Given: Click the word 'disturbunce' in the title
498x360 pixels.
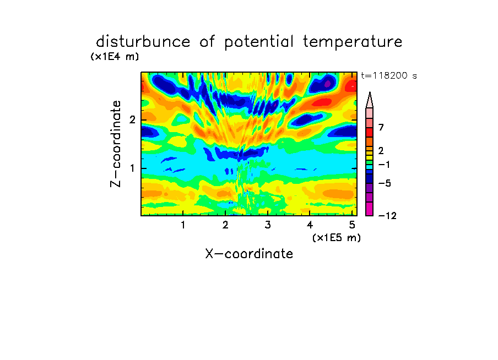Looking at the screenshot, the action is [x=143, y=42].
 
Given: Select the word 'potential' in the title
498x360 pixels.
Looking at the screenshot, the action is [x=259, y=42].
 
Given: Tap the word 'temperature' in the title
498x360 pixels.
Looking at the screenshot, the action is [x=353, y=42].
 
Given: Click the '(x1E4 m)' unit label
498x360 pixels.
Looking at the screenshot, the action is [x=115, y=57].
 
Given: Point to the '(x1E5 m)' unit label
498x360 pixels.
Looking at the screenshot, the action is [x=337, y=237].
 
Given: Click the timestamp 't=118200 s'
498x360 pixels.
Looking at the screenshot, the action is [x=389, y=76].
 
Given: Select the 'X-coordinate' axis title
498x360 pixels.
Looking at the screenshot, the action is [x=249, y=254].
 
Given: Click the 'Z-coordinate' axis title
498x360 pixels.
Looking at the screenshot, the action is [x=116, y=144].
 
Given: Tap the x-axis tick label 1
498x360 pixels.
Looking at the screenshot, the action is [x=183, y=225].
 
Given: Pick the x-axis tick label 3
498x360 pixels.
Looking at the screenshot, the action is [x=268, y=225].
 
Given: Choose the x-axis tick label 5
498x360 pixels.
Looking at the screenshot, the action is [x=352, y=225].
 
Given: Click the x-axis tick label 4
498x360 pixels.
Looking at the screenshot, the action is [x=310, y=225].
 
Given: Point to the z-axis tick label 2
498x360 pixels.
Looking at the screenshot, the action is [x=132, y=120].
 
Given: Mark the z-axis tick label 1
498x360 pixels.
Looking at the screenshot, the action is [x=133, y=168].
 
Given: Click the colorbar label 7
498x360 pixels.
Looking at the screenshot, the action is [x=381, y=128].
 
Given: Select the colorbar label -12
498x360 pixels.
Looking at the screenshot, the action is [x=388, y=216].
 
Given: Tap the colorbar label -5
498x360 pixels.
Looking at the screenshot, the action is [x=385, y=183].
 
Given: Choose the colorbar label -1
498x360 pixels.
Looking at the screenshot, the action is [x=384, y=165].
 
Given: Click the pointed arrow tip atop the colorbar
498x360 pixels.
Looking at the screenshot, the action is [x=370, y=92].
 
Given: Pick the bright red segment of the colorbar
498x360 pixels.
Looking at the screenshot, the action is [x=370, y=132].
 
